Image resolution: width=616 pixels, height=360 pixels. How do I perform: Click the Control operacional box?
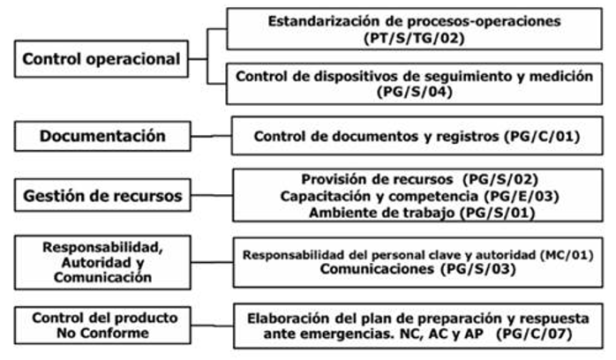pos(101,60)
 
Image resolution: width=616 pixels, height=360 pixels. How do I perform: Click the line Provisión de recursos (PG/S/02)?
pos(414,178)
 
